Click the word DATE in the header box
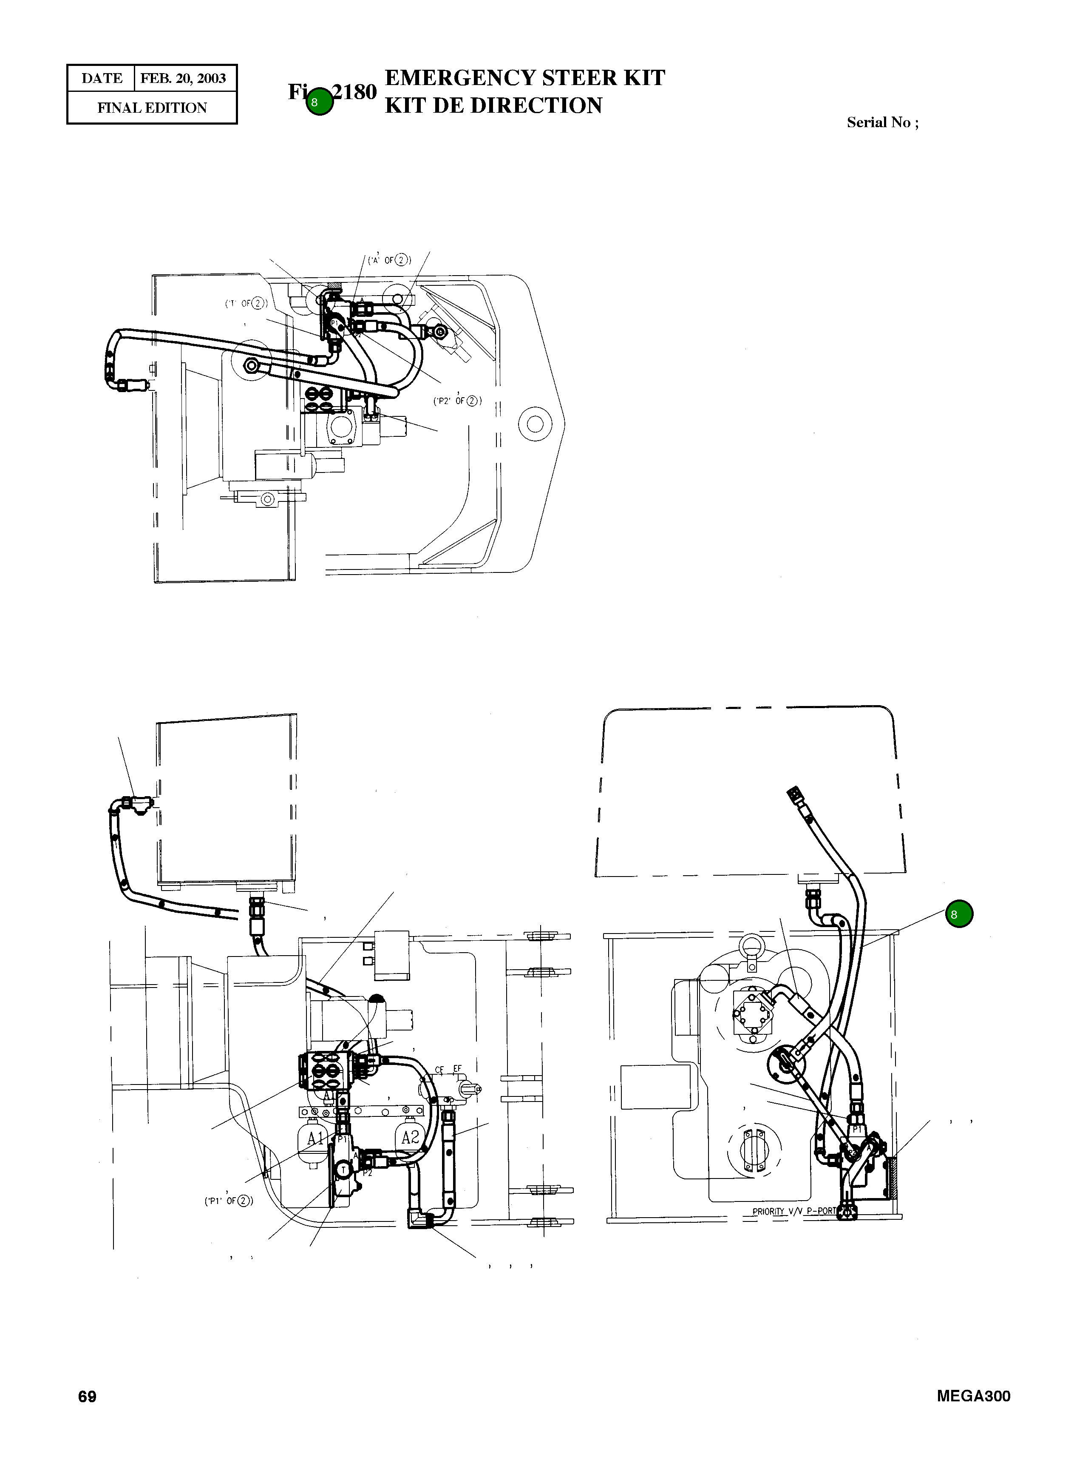(102, 79)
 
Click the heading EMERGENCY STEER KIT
(524, 78)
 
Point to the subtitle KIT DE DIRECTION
(493, 105)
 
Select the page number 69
(87, 1396)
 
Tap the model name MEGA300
(973, 1396)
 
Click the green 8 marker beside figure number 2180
(319, 102)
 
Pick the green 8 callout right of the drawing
(959, 914)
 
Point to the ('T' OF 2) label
(246, 303)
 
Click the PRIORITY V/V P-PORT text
(794, 1211)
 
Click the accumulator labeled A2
(410, 1137)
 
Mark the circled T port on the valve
(343, 1170)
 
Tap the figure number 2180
(354, 92)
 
